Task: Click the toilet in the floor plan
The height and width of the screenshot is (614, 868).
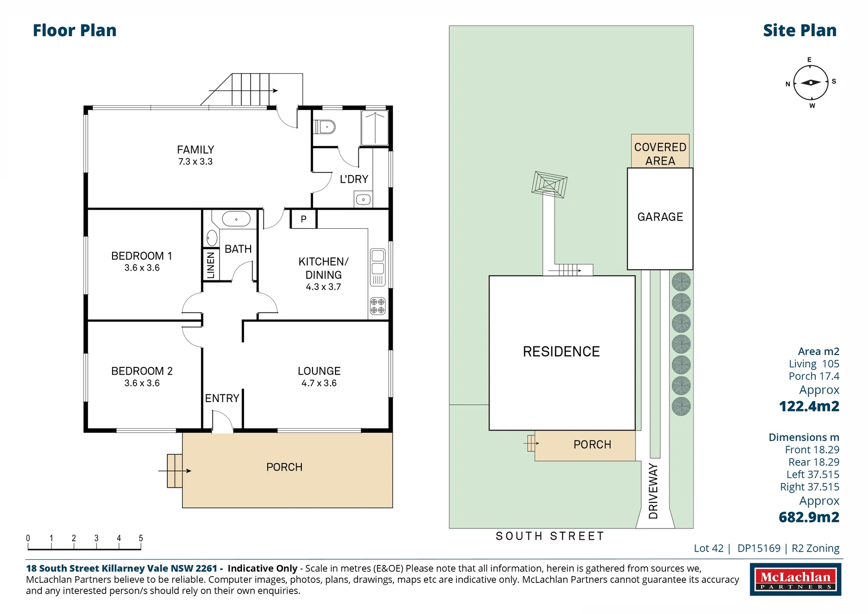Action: coord(325,127)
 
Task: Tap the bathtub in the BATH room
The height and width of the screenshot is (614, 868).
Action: coord(236,219)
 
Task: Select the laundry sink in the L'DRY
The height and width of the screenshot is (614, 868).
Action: coord(363,200)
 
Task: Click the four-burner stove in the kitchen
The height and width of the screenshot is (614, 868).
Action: coord(377,306)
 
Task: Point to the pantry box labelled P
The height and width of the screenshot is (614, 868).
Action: coord(304,219)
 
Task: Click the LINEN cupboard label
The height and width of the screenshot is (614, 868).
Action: coord(211,266)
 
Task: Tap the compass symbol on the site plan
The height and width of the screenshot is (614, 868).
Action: coord(811,82)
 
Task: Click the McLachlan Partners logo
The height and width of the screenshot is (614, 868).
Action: coord(795,579)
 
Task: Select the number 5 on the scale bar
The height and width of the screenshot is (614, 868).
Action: coord(141,538)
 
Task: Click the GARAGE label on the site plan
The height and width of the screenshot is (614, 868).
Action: coord(660,216)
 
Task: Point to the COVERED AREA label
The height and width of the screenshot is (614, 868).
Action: coord(660,154)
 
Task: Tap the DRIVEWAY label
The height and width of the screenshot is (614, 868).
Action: coord(653,491)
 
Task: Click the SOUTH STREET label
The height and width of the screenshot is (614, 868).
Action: coord(550,536)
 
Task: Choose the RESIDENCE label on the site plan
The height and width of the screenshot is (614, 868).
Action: coord(562,352)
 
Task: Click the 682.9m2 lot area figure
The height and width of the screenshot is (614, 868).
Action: coord(809,517)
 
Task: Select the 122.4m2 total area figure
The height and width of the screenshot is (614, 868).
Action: coord(809,406)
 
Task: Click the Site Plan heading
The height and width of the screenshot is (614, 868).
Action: coord(800,30)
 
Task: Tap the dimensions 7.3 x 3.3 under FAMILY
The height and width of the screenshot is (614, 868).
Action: coord(195,162)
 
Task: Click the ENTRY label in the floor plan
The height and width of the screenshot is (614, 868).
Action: coord(222,398)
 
